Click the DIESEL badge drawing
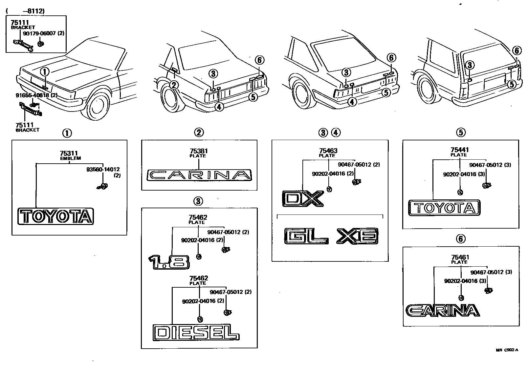click(196, 332)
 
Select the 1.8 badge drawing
click(169, 262)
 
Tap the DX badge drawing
click(303, 198)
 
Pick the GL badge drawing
click(306, 236)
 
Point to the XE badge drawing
click(357, 236)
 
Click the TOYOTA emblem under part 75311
click(56, 216)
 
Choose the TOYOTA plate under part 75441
click(444, 208)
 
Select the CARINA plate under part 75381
click(199, 175)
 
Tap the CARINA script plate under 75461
click(442, 310)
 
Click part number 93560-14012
click(103, 169)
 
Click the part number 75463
click(328, 151)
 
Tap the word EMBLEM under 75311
click(70, 158)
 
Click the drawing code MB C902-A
click(507, 350)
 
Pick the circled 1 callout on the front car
click(45, 72)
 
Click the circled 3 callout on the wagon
click(470, 65)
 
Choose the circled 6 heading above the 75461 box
click(461, 239)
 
